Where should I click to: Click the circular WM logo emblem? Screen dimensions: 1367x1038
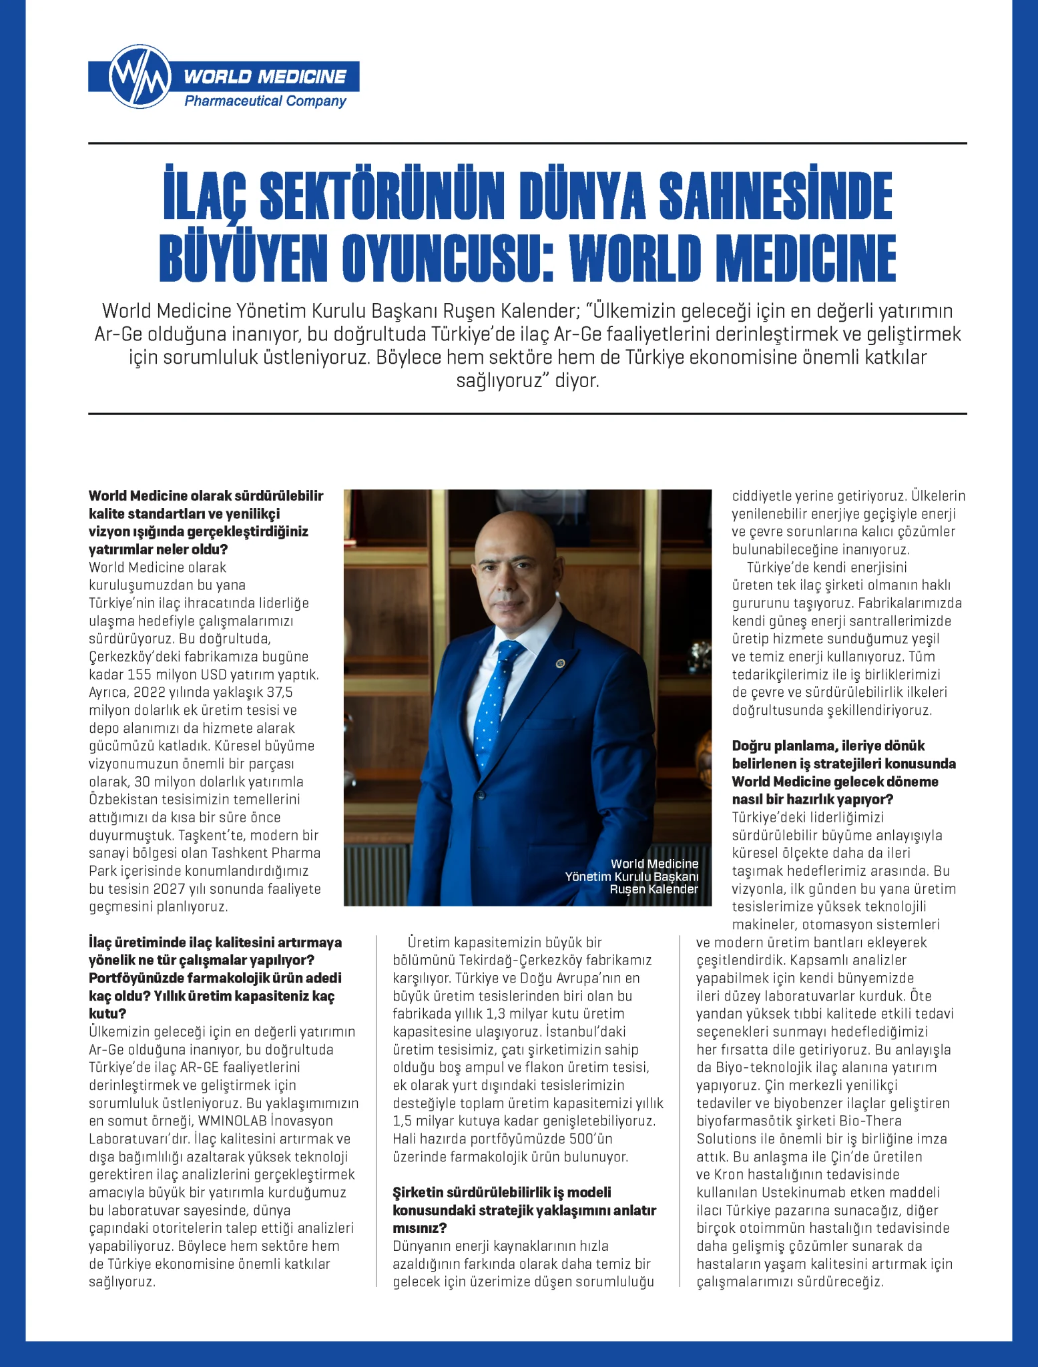(139, 77)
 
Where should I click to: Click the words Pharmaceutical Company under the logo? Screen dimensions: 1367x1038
(265, 101)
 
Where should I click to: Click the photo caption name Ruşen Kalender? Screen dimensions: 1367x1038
(654, 889)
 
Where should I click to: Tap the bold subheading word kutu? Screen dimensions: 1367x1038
(107, 1014)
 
